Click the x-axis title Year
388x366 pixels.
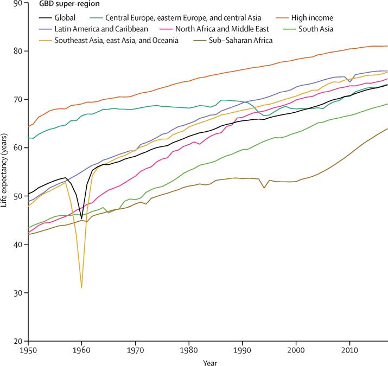(x=207, y=360)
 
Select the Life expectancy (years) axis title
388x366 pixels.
(x=5, y=172)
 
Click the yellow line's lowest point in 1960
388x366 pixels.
(x=81, y=287)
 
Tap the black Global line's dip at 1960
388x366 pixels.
(x=81, y=218)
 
